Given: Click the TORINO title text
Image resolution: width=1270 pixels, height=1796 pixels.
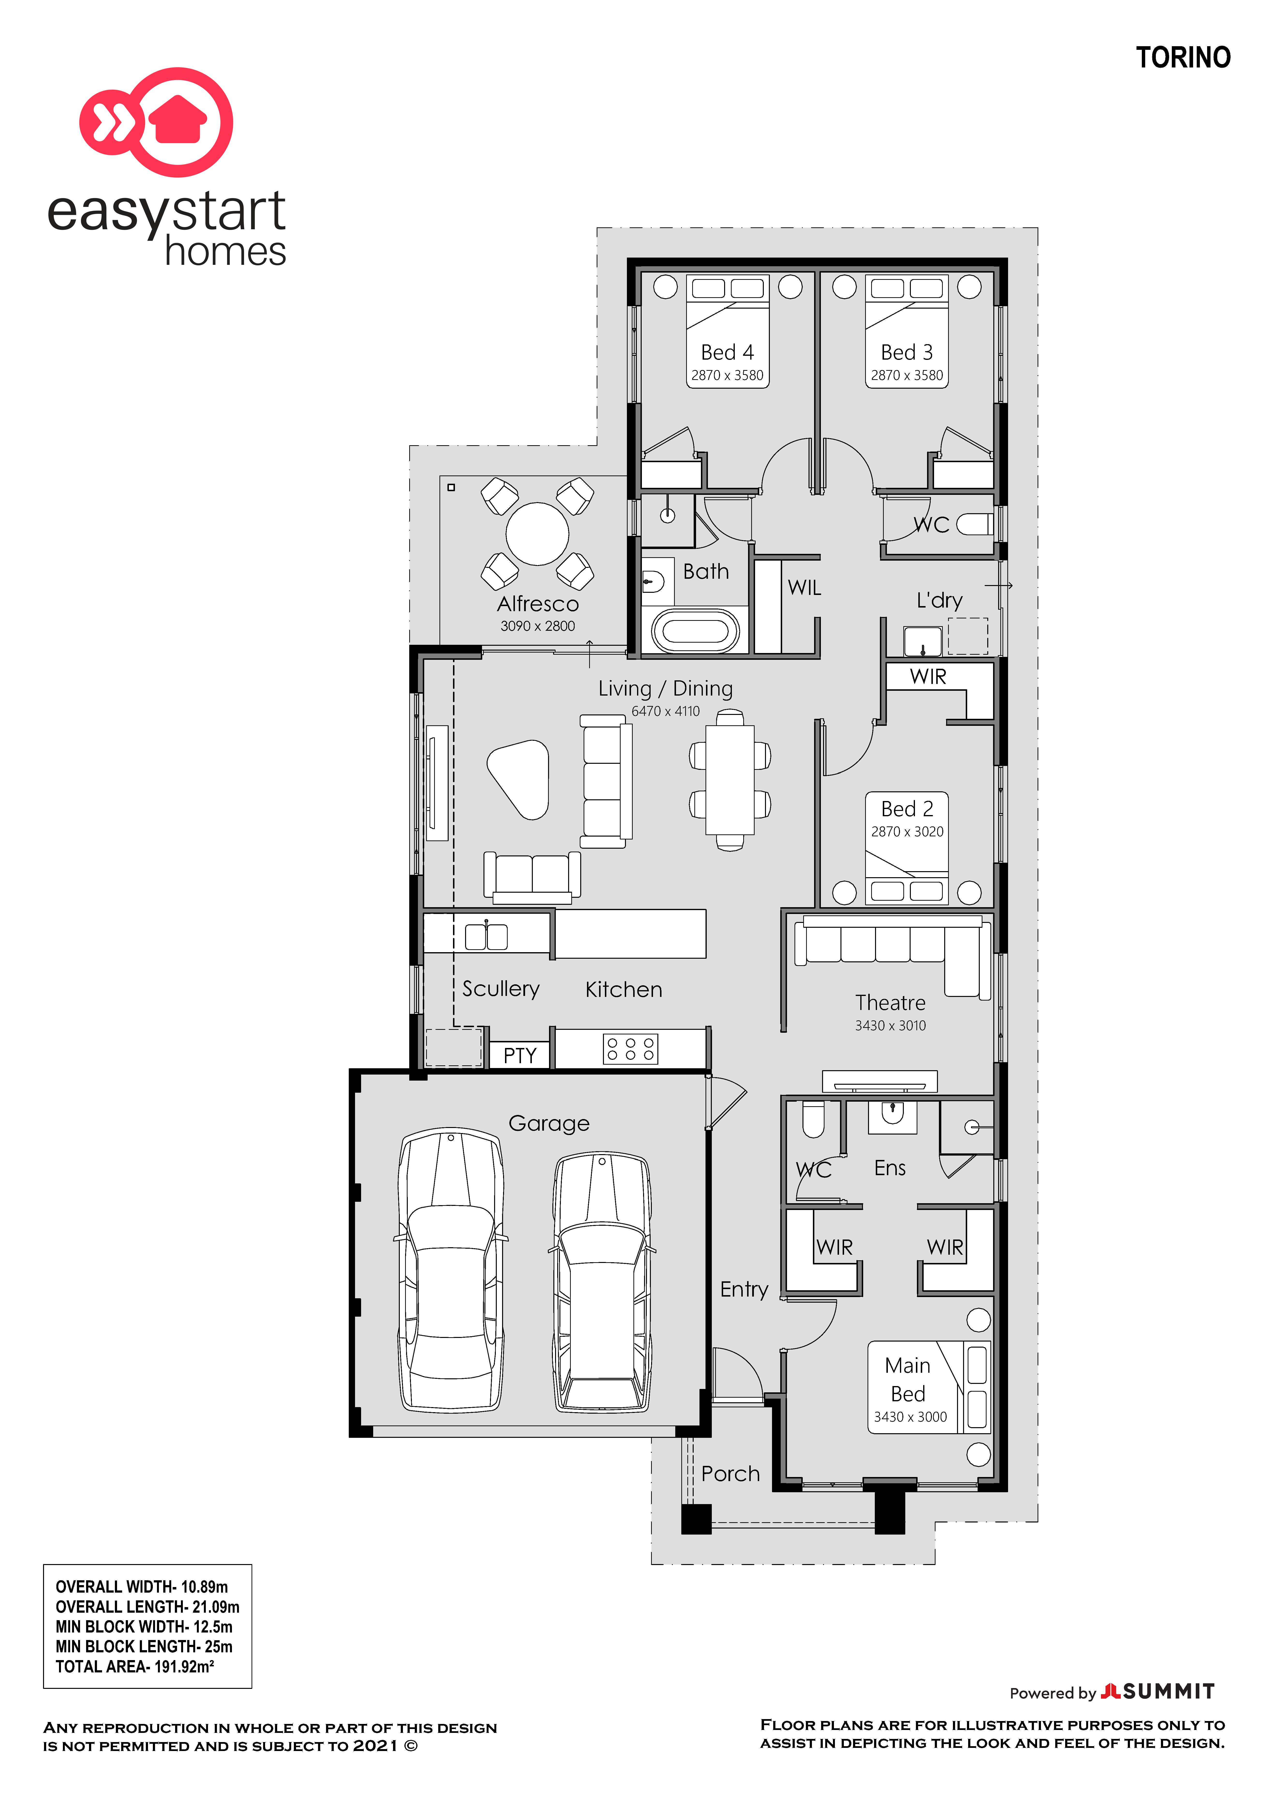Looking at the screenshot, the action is pyautogui.click(x=1183, y=58).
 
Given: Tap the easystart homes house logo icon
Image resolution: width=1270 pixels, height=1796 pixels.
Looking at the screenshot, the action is pyautogui.click(x=156, y=122).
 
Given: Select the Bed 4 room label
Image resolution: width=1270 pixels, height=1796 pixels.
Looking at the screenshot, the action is pyautogui.click(x=727, y=352).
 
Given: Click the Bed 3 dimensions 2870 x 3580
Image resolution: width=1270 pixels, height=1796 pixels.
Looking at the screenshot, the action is pyautogui.click(x=907, y=375).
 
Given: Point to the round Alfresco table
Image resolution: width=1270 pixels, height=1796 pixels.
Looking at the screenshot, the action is pyautogui.click(x=537, y=534).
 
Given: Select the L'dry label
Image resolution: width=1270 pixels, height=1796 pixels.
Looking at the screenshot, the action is pyautogui.click(x=939, y=600).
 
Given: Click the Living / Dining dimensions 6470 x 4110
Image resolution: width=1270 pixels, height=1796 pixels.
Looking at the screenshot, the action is pyautogui.click(x=666, y=711).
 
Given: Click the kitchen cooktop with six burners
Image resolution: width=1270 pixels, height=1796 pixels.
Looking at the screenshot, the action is pyautogui.click(x=630, y=1049).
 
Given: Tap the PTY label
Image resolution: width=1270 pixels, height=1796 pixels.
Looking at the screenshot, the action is pyautogui.click(x=520, y=1055).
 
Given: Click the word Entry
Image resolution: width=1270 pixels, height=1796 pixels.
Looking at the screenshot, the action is pyautogui.click(x=744, y=1289).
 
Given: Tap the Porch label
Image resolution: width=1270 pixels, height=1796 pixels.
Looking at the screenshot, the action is pyautogui.click(x=730, y=1474).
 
